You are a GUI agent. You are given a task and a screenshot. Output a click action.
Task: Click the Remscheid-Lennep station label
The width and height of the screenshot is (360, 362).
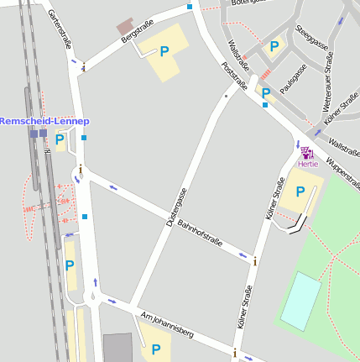tap(44, 121)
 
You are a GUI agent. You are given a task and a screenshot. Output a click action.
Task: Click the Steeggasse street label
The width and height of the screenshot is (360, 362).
tap(310, 39)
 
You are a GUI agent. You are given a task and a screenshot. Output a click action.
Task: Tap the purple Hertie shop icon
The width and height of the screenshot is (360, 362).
tap(306, 153)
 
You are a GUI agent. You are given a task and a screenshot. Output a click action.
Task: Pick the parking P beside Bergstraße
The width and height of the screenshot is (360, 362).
tap(164, 51)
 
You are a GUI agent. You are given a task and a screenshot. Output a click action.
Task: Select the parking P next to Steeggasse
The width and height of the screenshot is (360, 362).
tap(274, 47)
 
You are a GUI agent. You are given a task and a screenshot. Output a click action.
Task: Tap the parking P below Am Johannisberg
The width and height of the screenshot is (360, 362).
tap(155, 349)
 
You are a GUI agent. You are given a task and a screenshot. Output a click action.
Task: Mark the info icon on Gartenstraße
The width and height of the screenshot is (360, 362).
tap(83, 67)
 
